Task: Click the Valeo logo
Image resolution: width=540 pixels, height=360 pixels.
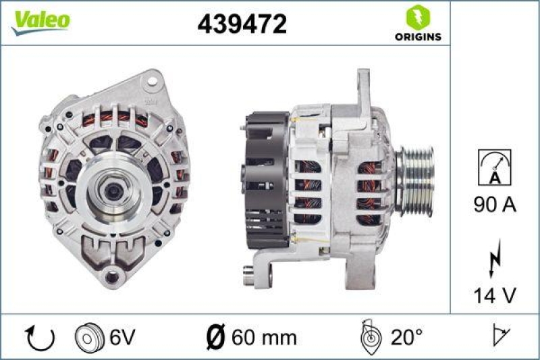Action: click(40, 22)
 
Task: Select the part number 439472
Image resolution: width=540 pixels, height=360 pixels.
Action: click(242, 24)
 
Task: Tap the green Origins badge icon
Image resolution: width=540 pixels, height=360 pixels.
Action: click(418, 16)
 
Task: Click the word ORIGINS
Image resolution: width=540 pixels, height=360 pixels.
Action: click(418, 36)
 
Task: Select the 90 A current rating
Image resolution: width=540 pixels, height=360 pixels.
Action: click(494, 205)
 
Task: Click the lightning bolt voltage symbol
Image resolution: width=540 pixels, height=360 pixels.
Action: click(494, 257)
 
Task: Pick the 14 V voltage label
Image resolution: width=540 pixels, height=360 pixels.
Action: click(494, 295)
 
